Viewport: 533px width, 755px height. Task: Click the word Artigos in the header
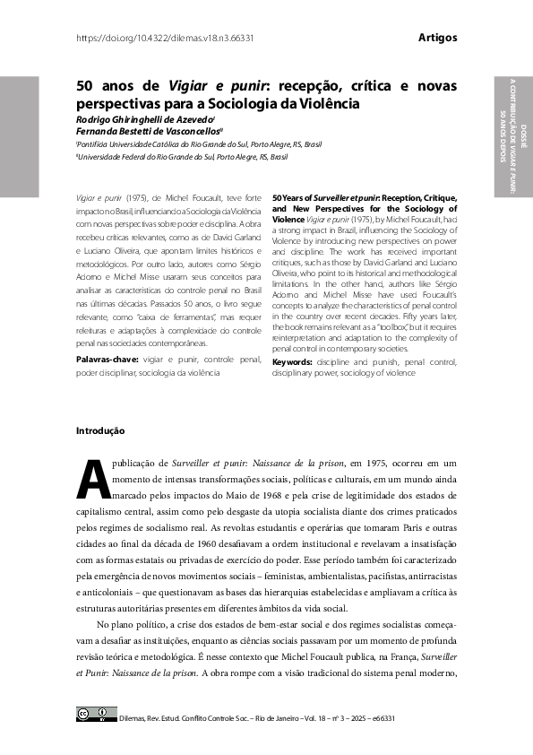coord(437,38)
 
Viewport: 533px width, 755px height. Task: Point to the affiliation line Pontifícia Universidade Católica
coord(199,143)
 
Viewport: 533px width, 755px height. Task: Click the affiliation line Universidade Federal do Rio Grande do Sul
coord(184,156)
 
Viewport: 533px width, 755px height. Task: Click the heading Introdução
coord(100,431)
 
